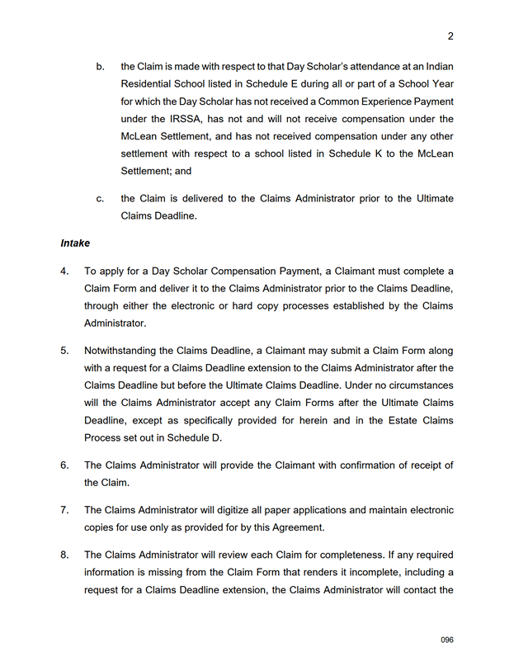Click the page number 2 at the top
(x=450, y=35)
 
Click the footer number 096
(x=447, y=640)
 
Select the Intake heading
(x=74, y=243)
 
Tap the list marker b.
(x=100, y=66)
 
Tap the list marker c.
(x=100, y=199)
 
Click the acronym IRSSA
(x=174, y=119)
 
